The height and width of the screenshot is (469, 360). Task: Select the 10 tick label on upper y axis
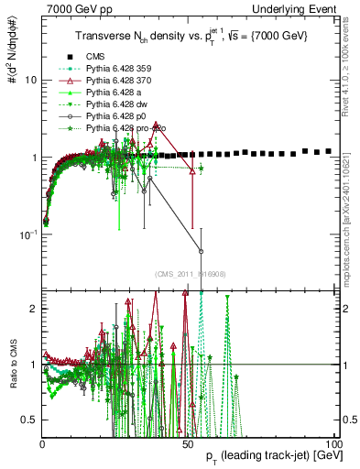click(29, 80)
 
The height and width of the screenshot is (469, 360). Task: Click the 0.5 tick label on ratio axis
click(27, 420)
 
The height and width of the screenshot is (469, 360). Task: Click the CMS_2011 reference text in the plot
click(189, 274)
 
